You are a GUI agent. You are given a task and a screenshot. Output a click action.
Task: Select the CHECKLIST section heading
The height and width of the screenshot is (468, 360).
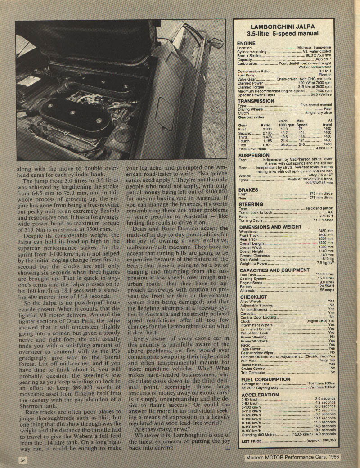click(253, 297)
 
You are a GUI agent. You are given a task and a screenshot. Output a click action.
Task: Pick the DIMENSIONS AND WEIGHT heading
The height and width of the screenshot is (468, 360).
click(270, 227)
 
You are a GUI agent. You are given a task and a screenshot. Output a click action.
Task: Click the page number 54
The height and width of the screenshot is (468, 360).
click(23, 459)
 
